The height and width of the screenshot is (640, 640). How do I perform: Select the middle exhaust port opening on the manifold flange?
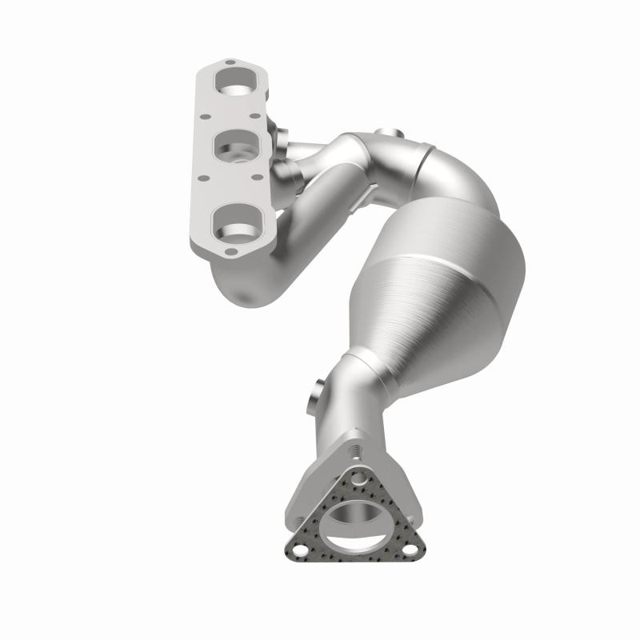[238, 149]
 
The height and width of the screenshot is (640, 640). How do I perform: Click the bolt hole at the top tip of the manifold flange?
[229, 62]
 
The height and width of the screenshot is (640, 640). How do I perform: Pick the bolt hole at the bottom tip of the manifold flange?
[230, 252]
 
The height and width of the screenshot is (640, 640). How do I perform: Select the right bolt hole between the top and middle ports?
[254, 117]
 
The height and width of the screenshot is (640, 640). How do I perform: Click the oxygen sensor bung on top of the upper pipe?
[388, 133]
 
